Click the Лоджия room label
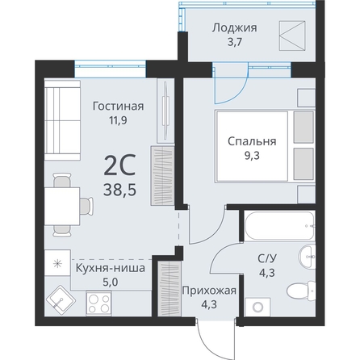pyautogui.click(x=234, y=28)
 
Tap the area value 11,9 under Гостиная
pyautogui.click(x=118, y=120)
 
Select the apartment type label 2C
pyautogui.click(x=119, y=165)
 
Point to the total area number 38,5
pyautogui.click(x=119, y=190)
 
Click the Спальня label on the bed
pyautogui.click(x=252, y=141)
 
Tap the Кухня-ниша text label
pyautogui.click(x=111, y=268)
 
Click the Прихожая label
pyautogui.click(x=209, y=291)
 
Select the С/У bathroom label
pyautogui.click(x=267, y=259)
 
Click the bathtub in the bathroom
pyautogui.click(x=279, y=226)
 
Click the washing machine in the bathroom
pyautogui.click(x=258, y=307)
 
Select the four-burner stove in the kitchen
pyautogui.click(x=99, y=303)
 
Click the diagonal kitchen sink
pyautogui.click(x=60, y=299)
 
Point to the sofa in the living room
pyautogui.click(x=62, y=120)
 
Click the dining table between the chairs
pyautogui.click(x=62, y=206)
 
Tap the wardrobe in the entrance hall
pyautogui.click(x=169, y=289)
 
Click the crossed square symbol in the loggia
pyautogui.click(x=292, y=36)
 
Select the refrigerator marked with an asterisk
pyautogui.click(x=57, y=263)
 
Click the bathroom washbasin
pyautogui.click(x=308, y=257)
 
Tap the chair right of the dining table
pyautogui.click(x=86, y=206)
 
